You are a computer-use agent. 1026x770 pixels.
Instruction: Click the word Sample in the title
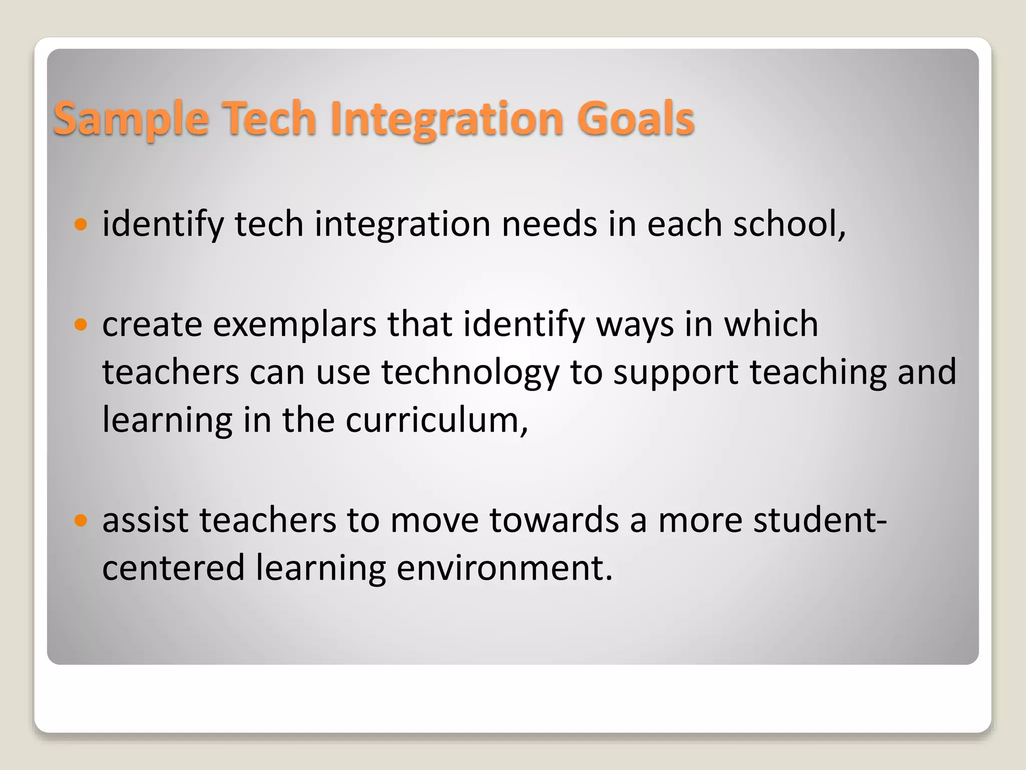[131, 119]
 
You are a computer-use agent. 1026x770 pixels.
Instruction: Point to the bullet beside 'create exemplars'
[80, 324]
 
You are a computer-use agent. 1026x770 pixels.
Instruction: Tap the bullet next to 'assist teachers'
[80, 520]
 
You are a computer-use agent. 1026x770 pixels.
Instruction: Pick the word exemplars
[295, 324]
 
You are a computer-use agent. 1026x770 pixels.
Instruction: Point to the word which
[771, 324]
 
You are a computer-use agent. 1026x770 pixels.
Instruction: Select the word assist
[145, 520]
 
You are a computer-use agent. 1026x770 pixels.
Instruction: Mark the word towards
[554, 520]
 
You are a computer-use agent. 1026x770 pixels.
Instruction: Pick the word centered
[173, 568]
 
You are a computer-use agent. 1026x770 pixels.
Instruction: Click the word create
[152, 324]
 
